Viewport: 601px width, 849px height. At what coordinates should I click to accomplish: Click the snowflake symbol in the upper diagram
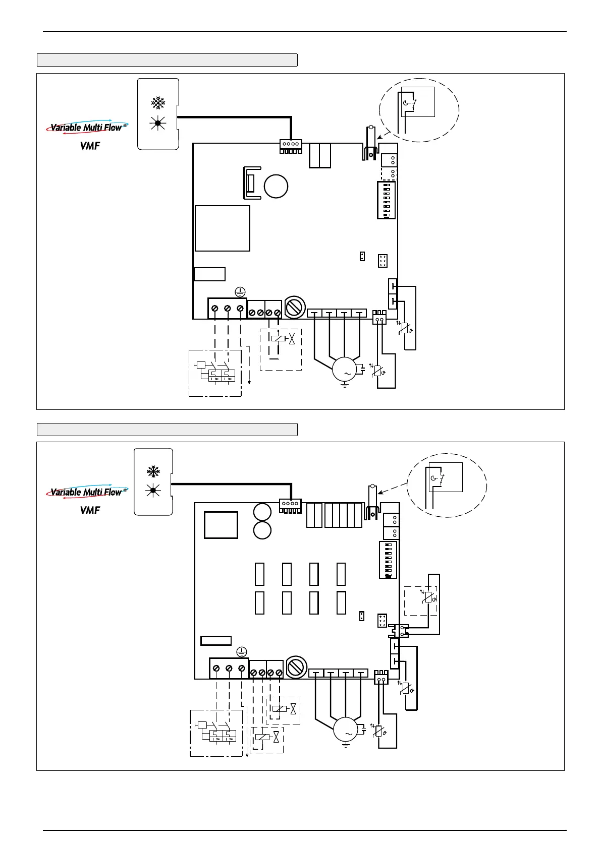pyautogui.click(x=158, y=103)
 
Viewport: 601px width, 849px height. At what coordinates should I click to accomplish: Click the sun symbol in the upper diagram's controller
pyautogui.click(x=158, y=123)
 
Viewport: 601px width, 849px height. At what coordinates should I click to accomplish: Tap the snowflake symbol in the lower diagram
pyautogui.click(x=153, y=471)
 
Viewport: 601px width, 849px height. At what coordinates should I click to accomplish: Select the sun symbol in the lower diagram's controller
pyautogui.click(x=153, y=491)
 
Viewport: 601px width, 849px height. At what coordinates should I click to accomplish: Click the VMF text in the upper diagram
pyautogui.click(x=90, y=146)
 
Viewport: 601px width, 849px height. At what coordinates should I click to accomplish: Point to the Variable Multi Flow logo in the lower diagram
pyautogui.click(x=87, y=492)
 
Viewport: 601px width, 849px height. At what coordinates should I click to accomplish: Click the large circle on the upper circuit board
pyautogui.click(x=276, y=186)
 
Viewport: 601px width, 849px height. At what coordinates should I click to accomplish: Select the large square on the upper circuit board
pyautogui.click(x=223, y=228)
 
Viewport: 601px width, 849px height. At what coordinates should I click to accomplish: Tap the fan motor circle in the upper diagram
pyautogui.click(x=345, y=369)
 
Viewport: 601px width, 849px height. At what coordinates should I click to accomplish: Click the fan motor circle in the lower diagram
pyautogui.click(x=346, y=729)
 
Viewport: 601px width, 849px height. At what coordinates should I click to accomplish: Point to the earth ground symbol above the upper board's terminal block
pyautogui.click(x=240, y=292)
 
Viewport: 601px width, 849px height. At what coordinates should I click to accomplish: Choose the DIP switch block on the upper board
pyautogui.click(x=386, y=200)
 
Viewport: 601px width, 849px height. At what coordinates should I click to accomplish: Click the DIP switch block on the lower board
pyautogui.click(x=388, y=560)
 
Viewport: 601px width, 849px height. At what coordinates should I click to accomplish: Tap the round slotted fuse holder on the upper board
pyautogui.click(x=295, y=307)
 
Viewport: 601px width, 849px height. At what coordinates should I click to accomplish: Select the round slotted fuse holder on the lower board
pyautogui.click(x=296, y=667)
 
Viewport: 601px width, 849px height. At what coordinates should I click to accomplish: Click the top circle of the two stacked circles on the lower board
pyautogui.click(x=262, y=512)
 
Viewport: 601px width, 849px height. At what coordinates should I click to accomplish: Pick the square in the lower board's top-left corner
pyautogui.click(x=221, y=525)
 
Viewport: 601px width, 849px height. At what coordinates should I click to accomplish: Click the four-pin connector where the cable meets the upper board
pyautogui.click(x=291, y=146)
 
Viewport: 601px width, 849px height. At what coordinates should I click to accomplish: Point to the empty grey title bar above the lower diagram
pyautogui.click(x=167, y=430)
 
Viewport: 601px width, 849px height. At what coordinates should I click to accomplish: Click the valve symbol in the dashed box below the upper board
pyautogui.click(x=292, y=338)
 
